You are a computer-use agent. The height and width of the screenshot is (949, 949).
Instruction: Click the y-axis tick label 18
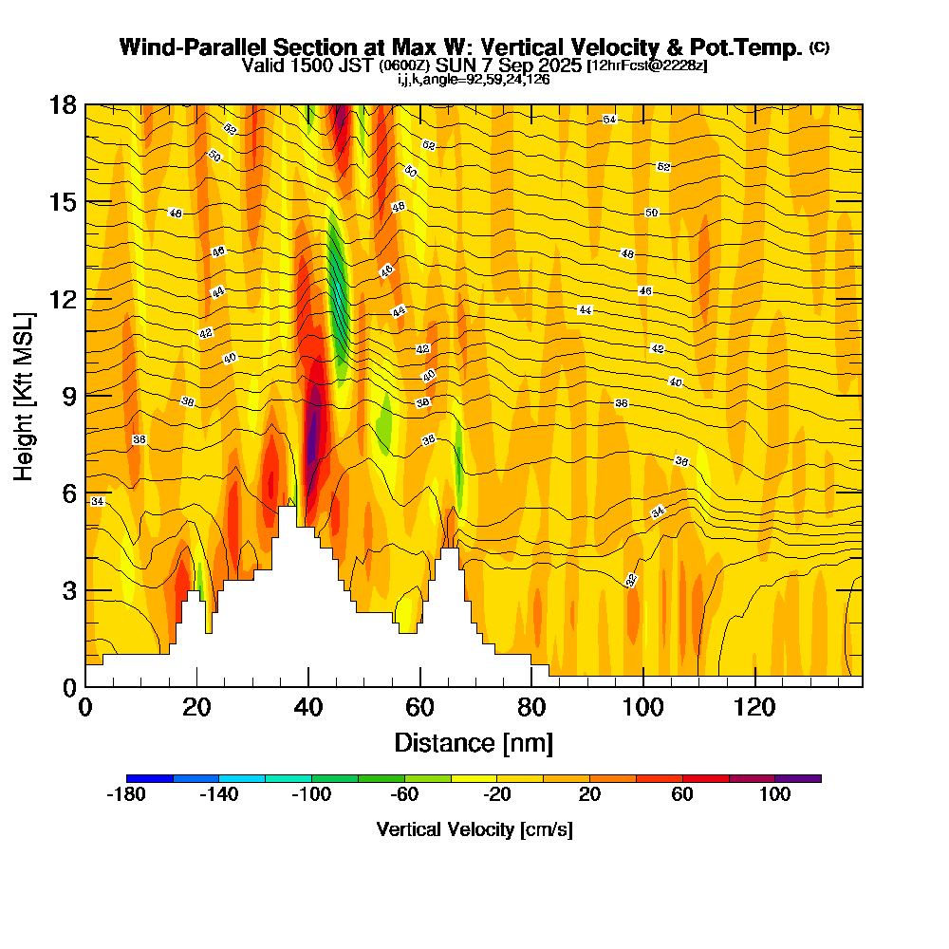tap(63, 104)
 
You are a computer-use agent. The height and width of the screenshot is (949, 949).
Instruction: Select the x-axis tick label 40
tap(308, 708)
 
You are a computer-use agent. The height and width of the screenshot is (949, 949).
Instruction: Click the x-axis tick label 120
tap(754, 708)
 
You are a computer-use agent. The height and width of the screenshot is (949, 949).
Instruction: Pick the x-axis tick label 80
tap(531, 708)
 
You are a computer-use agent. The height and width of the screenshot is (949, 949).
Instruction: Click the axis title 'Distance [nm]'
tap(474, 742)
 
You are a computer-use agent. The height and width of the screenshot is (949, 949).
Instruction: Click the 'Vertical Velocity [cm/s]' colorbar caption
tap(474, 829)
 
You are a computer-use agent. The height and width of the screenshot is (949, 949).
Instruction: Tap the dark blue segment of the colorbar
tap(150, 778)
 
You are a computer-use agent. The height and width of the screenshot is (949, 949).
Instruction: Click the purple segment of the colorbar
tap(798, 778)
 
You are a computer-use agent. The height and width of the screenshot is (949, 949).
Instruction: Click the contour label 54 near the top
tap(610, 120)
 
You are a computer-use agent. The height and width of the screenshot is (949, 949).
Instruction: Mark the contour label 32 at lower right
tap(631, 580)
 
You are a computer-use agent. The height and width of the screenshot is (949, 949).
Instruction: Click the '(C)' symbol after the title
tap(819, 47)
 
